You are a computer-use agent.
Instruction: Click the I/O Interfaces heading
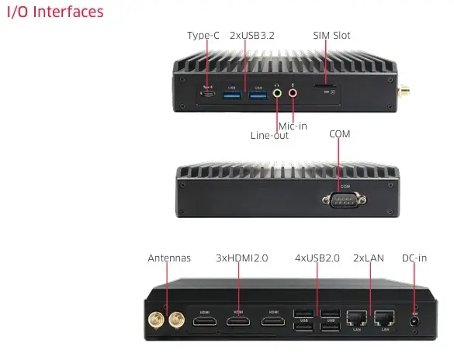pyautogui.click(x=54, y=12)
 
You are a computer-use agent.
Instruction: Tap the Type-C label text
pyautogui.click(x=204, y=35)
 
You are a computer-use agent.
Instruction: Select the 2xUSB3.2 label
pyautogui.click(x=251, y=35)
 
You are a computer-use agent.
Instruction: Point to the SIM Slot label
pyautogui.click(x=331, y=35)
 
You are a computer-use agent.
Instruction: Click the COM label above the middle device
pyautogui.click(x=340, y=133)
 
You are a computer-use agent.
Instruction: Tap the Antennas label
pyautogui.click(x=169, y=258)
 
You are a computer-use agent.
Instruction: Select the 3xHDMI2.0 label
pyautogui.click(x=241, y=258)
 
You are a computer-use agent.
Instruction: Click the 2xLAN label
pyautogui.click(x=369, y=258)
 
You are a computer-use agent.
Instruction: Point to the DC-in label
pyautogui.click(x=414, y=258)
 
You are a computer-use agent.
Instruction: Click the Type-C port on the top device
pyautogui.click(x=207, y=94)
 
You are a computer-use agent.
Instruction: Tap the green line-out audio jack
pyautogui.click(x=278, y=93)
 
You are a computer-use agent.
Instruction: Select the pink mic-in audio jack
pyautogui.click(x=293, y=93)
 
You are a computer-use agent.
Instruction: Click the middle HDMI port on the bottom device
pyautogui.click(x=238, y=320)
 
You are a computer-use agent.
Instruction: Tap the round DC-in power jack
pyautogui.click(x=414, y=320)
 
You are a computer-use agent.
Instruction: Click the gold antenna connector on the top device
pyautogui.click(x=404, y=88)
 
